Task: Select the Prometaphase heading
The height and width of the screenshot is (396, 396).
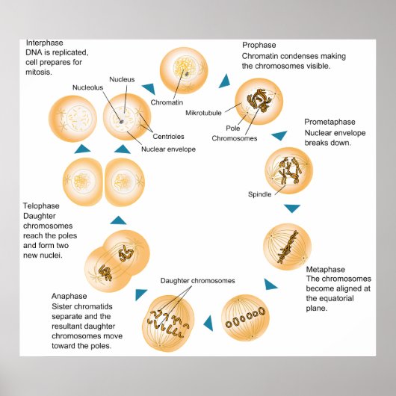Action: coord(330,122)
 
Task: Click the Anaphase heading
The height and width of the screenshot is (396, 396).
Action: coord(70,296)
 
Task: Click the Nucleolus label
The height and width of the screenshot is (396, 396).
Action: coord(87,87)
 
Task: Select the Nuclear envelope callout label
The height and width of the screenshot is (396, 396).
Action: coord(168,149)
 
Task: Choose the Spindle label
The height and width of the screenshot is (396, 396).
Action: coord(259,194)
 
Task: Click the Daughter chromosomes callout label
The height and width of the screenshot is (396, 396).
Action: coord(198,281)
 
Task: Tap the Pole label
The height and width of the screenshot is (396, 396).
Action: coord(233,128)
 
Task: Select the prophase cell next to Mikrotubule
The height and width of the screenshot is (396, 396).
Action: coord(258,104)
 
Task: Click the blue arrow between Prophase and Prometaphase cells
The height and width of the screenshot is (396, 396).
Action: coord(279,136)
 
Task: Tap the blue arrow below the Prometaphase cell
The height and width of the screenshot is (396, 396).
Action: coord(291,207)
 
